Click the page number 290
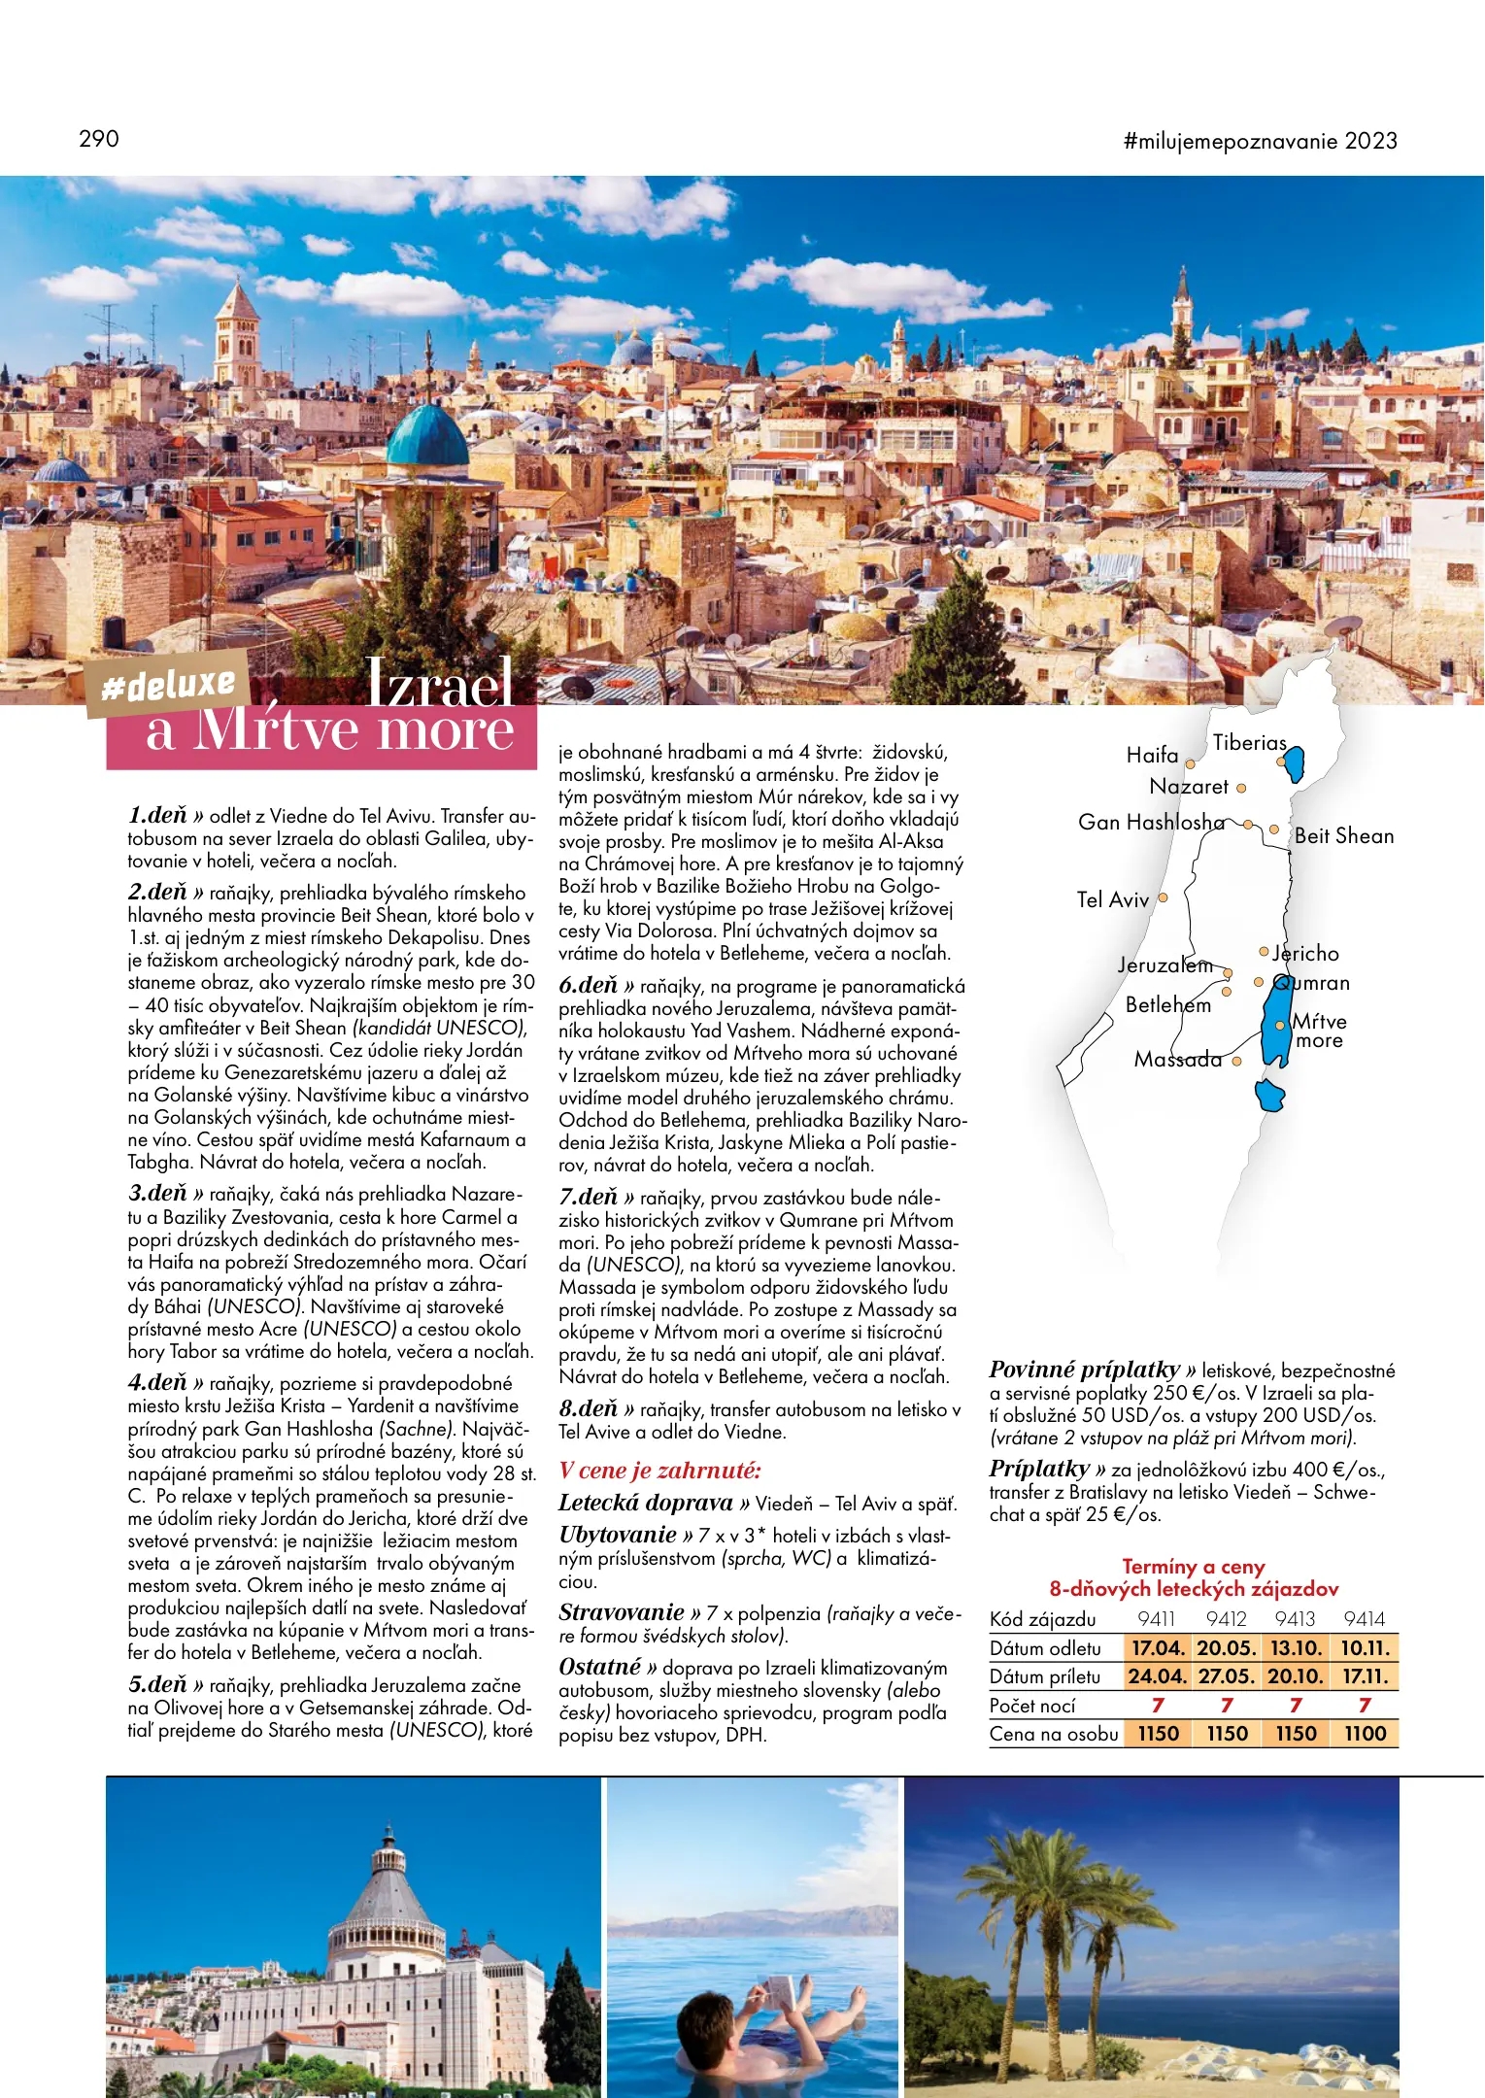[x=99, y=139]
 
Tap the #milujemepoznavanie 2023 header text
[x=1260, y=141]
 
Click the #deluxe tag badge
[x=169, y=685]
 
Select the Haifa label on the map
[x=1152, y=755]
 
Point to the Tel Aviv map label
[x=1112, y=899]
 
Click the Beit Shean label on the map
[x=1343, y=836]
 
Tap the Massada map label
[x=1177, y=1060]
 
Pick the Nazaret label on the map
[x=1189, y=787]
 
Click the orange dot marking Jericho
[x=1264, y=952]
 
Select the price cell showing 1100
[x=1365, y=1734]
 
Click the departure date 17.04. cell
[x=1158, y=1648]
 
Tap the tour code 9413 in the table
[x=1295, y=1619]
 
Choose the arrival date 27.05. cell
[x=1227, y=1676]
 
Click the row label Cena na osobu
[x=1054, y=1734]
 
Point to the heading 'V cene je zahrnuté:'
[x=659, y=1471]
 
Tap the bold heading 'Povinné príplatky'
[x=1084, y=1370]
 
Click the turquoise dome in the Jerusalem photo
[x=427, y=437]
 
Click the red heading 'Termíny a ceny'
[x=1193, y=1567]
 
